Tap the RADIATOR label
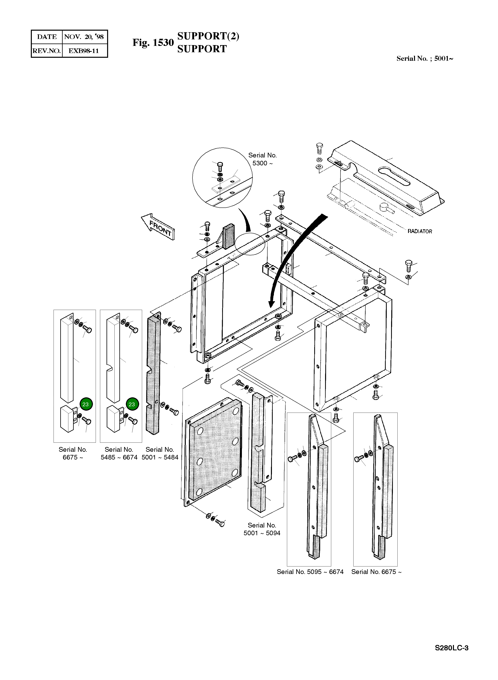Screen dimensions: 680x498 pyautogui.click(x=420, y=231)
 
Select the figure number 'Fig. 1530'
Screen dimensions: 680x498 pyautogui.click(x=153, y=43)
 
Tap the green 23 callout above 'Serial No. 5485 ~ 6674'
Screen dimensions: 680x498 pyautogui.click(x=132, y=404)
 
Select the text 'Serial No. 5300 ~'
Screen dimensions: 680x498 pyautogui.click(x=262, y=159)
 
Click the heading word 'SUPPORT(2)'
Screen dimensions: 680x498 pyautogui.click(x=208, y=36)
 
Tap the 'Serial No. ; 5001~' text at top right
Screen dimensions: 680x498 pyautogui.click(x=424, y=59)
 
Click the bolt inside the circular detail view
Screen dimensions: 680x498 pyautogui.click(x=220, y=166)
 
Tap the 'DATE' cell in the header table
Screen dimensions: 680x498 pyautogui.click(x=47, y=37)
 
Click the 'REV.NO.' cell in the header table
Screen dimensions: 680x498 pyautogui.click(x=47, y=51)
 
